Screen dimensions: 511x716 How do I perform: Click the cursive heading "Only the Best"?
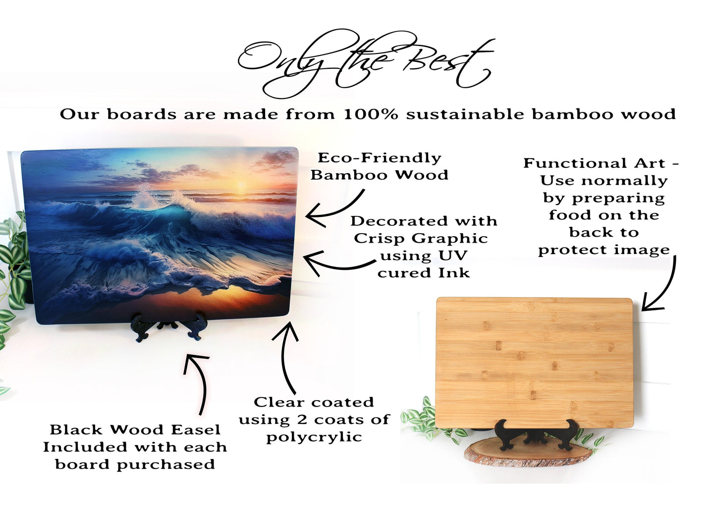pos(365,64)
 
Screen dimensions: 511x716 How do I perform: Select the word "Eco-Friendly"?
pos(379,158)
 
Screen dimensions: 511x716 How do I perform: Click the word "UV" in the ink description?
pos(456,256)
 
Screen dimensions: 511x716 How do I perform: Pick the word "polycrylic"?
pos(314,437)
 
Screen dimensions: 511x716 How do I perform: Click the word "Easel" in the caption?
pos(195,430)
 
